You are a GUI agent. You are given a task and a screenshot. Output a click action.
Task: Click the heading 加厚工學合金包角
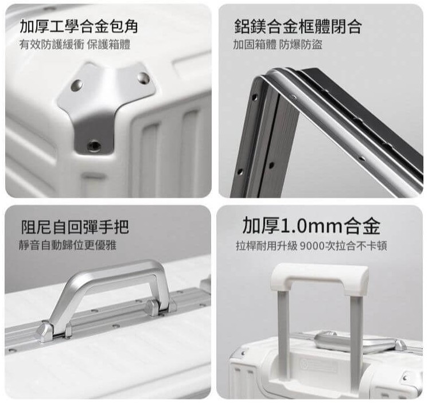coord(79,27)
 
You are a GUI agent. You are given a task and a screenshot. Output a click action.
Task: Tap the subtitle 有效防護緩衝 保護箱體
coord(75,45)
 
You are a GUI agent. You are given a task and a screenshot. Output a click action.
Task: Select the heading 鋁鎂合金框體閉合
coord(298,27)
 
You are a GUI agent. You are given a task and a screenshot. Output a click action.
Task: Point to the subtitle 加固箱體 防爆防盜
coord(278,45)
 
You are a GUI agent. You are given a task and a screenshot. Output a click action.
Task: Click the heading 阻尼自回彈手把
coord(75,227)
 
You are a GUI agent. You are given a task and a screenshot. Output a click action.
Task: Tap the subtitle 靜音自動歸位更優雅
coord(68,245)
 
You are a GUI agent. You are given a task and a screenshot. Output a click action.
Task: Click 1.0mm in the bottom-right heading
coord(311,226)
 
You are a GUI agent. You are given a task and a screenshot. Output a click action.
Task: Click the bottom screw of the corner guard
coord(94,145)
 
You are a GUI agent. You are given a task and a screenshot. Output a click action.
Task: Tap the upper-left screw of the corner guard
coord(76,85)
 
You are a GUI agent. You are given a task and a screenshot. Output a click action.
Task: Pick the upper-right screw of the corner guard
coord(143,79)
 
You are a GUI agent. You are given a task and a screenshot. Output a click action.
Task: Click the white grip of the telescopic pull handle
coord(320,279)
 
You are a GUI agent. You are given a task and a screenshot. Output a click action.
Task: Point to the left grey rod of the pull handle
coord(284,335)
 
